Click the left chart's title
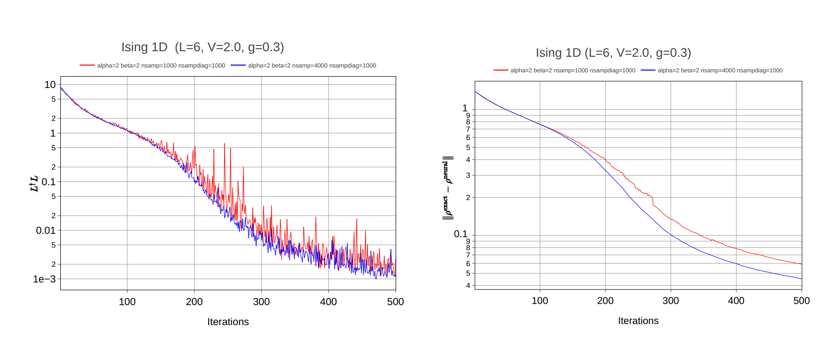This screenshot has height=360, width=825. (x=202, y=47)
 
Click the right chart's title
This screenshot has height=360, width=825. (x=613, y=53)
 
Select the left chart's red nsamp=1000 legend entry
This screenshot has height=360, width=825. (x=153, y=66)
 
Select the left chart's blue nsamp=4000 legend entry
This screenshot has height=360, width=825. (x=303, y=66)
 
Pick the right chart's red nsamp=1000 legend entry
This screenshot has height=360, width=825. (x=564, y=71)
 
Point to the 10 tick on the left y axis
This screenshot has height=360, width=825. (x=50, y=85)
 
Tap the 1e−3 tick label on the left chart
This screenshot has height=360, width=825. (x=44, y=279)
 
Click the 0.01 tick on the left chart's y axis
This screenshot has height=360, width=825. (x=46, y=230)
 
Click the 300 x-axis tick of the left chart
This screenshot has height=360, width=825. (x=261, y=302)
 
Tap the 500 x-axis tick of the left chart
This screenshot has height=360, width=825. (x=395, y=302)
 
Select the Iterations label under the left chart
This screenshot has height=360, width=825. (x=228, y=322)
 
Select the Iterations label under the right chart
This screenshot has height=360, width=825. (x=638, y=321)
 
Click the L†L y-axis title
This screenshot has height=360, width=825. (x=34, y=184)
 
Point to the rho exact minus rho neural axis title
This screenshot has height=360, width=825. (x=448, y=188)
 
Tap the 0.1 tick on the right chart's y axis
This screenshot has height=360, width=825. (x=460, y=234)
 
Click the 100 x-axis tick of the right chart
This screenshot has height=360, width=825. (x=539, y=301)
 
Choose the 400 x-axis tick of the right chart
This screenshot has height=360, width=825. (x=736, y=301)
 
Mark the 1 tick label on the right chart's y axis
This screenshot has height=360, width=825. (x=465, y=108)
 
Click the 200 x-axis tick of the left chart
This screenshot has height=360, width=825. (x=194, y=302)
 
